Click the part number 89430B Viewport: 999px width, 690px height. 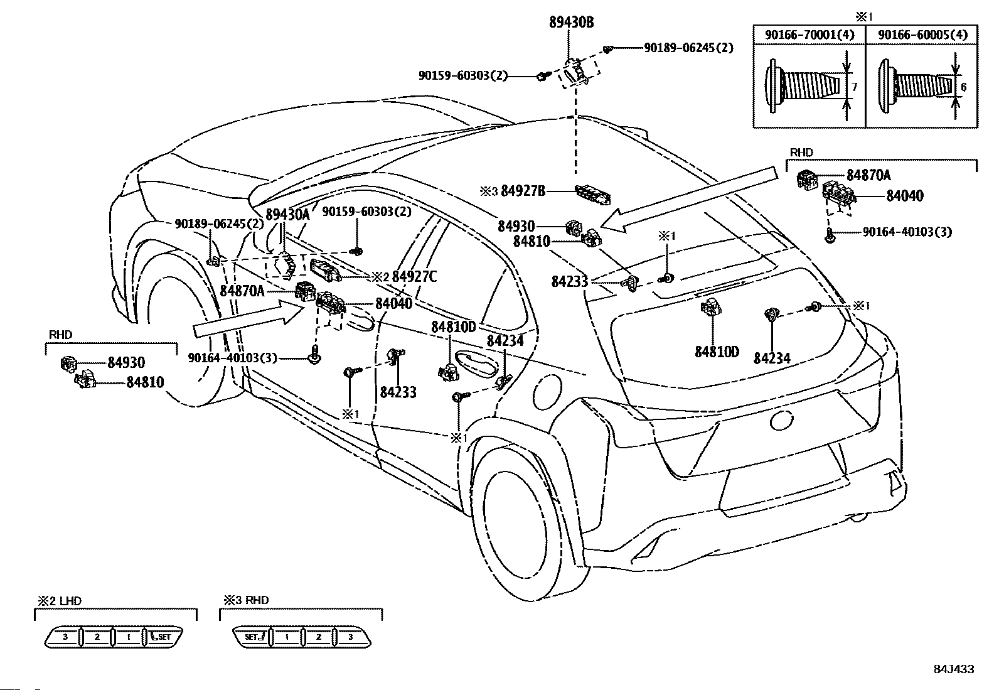(x=571, y=23)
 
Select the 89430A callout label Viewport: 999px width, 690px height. (x=287, y=214)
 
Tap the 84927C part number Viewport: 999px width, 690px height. (x=414, y=276)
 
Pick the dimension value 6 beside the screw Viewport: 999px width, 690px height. (x=964, y=87)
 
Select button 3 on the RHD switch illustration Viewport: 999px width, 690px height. (x=350, y=637)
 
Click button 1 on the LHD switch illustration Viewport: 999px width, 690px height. (x=128, y=637)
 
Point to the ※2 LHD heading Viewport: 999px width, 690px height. (x=58, y=601)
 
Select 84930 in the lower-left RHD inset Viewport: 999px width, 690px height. (x=126, y=362)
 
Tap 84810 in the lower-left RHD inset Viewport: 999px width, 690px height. (x=145, y=382)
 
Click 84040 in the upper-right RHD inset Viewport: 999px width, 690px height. (x=904, y=196)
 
